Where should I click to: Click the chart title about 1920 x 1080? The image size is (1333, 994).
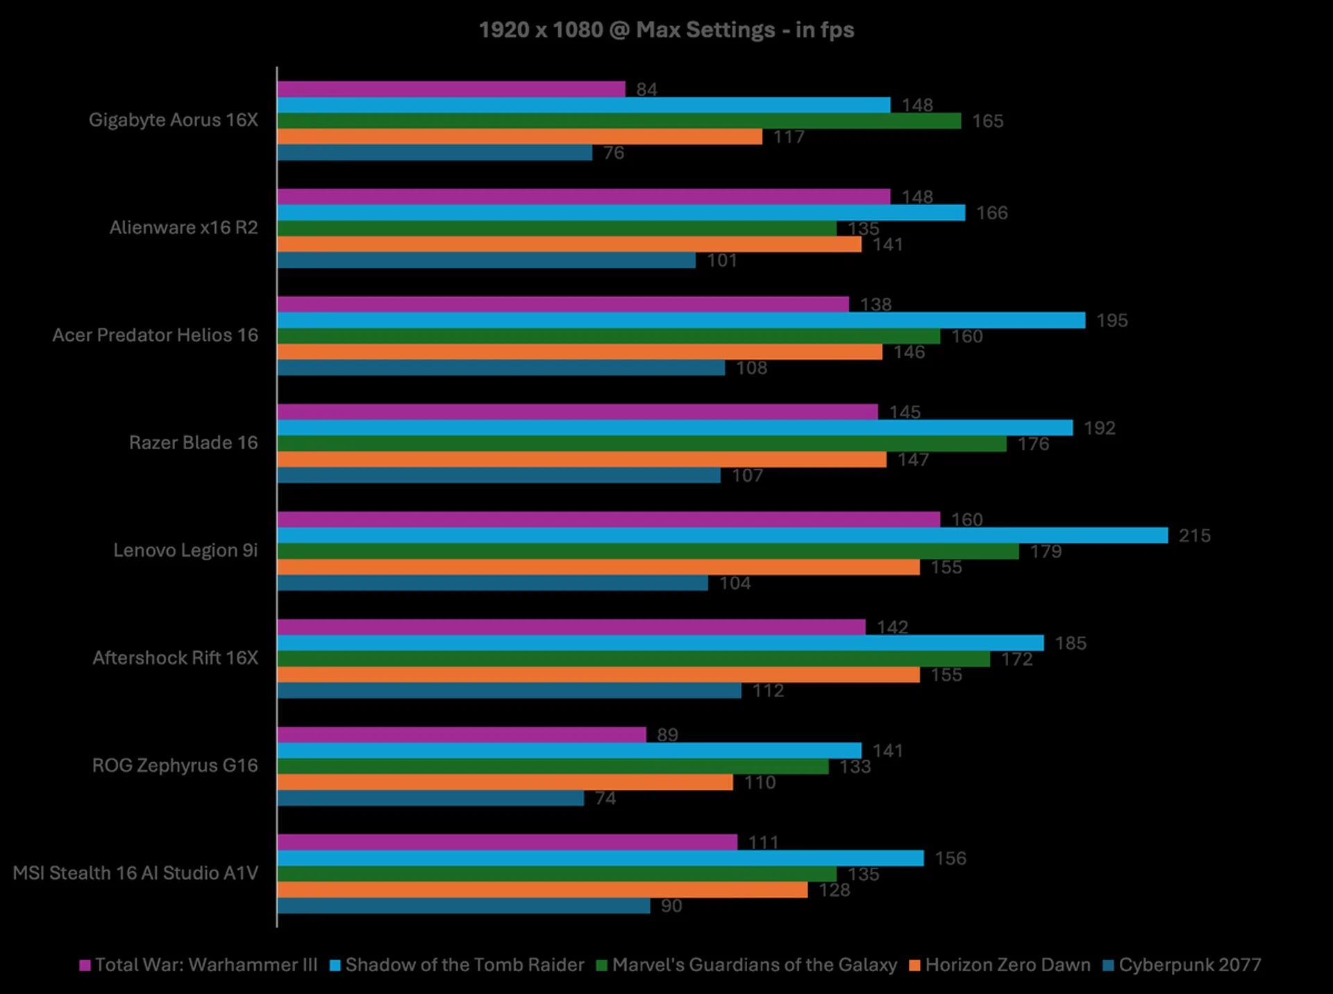666,30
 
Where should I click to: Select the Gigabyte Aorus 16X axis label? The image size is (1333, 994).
173,120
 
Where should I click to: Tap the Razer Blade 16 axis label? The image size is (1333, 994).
193,443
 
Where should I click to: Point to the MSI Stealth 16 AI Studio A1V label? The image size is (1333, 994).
135,873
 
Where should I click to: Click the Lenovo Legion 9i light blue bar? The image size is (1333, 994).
722,535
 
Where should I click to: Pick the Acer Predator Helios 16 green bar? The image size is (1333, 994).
608,336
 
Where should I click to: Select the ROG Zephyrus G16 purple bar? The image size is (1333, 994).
462,734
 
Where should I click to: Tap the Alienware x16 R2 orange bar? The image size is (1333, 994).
569,244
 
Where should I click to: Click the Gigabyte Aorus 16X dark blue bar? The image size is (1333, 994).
435,153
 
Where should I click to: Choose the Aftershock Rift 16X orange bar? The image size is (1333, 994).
598,675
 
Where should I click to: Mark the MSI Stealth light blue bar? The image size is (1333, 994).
601,858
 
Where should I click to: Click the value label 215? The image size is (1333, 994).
1194,536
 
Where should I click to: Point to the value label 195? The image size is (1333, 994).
1112,321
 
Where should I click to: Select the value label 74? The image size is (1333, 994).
605,798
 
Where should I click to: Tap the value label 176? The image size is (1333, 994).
1033,444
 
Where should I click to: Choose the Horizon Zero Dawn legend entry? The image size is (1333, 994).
1000,965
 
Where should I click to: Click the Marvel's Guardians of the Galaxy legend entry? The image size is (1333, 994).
747,965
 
